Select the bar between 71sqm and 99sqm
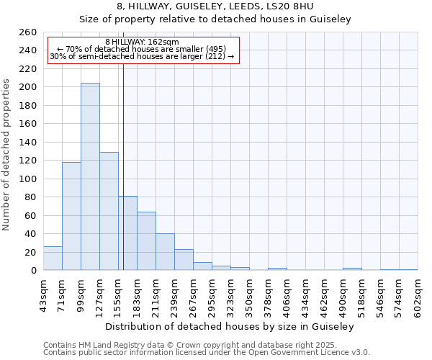point(71,216)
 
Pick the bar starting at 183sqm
point(146,241)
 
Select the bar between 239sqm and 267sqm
point(184,260)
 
